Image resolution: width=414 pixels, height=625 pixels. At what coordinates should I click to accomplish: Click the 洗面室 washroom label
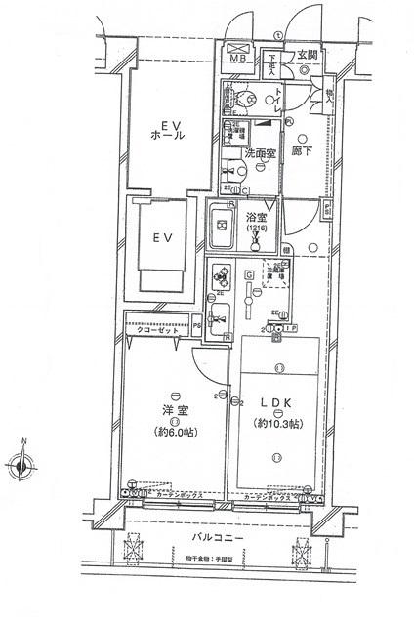click(261, 152)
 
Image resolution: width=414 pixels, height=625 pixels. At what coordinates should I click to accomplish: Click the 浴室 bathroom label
click(257, 218)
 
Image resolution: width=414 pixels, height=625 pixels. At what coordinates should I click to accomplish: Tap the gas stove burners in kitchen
click(221, 274)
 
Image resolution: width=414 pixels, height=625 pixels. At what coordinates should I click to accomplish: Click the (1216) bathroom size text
click(256, 229)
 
